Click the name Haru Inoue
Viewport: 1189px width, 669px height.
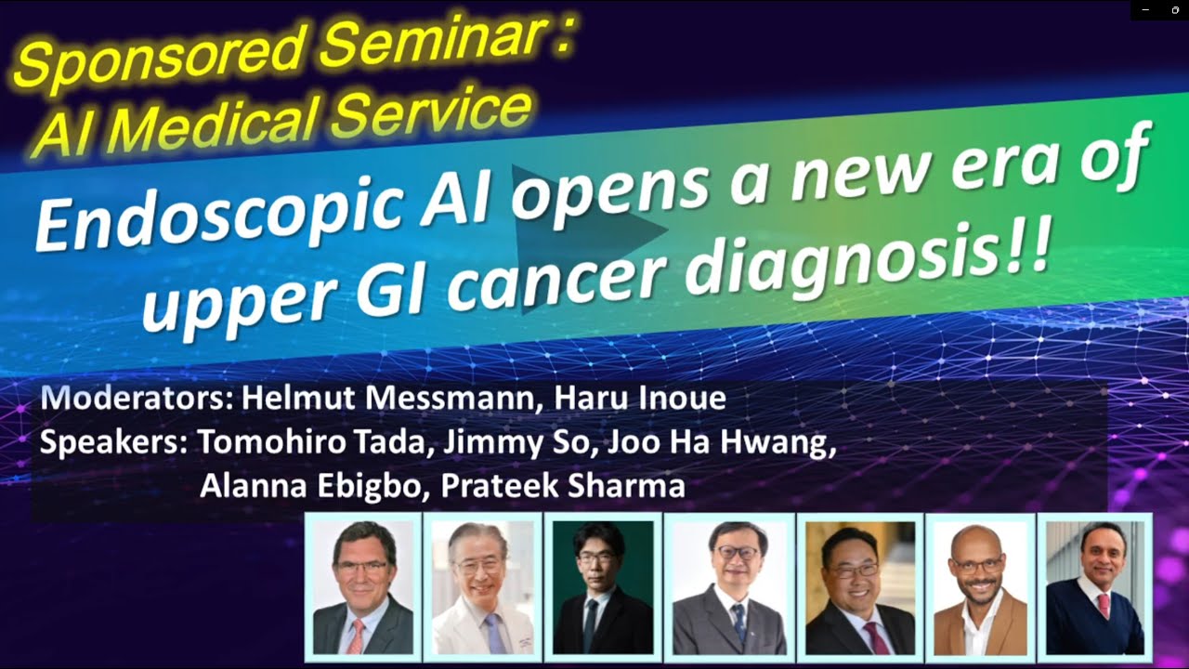pos(640,400)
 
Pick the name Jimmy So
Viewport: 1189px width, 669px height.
pos(516,442)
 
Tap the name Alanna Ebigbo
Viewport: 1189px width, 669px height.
pos(306,485)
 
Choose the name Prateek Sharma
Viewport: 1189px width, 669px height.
pos(563,485)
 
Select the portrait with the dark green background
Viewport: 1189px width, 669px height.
pos(603,586)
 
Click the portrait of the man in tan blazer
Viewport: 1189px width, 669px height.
pos(980,586)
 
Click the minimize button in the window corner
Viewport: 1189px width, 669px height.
pos(1148,9)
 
